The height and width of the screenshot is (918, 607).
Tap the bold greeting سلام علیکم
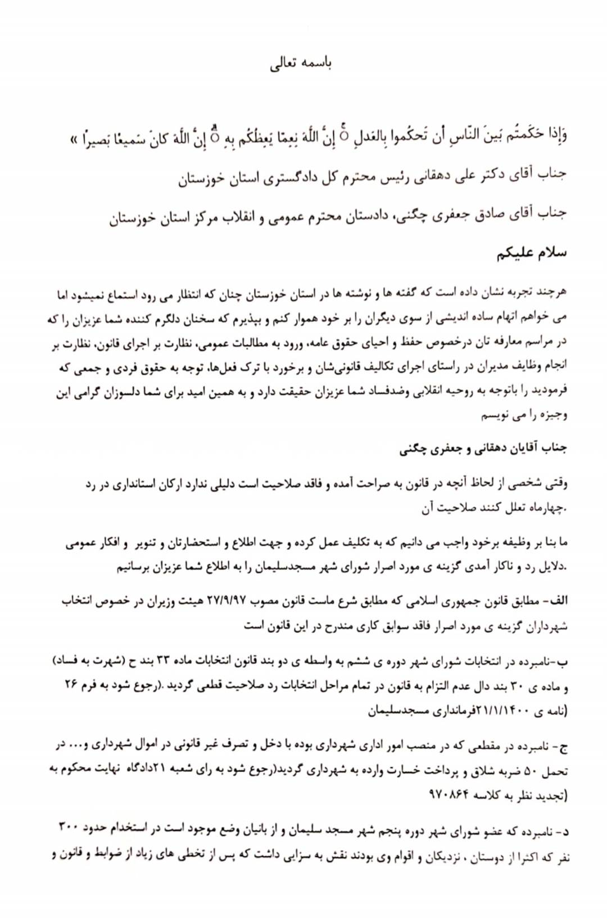pos(531,253)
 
